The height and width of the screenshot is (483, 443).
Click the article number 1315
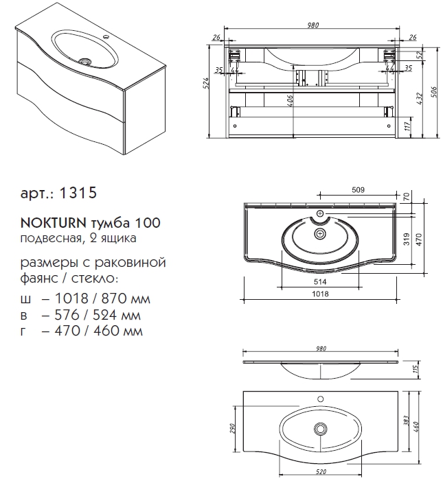coord(78,193)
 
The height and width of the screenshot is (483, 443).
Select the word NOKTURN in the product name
coord(54,222)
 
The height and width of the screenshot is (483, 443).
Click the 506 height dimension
coord(434,92)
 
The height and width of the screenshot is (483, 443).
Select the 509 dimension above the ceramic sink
coord(358,190)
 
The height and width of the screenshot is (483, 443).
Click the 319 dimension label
coord(407,239)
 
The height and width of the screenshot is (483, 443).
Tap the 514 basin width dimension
coord(320,281)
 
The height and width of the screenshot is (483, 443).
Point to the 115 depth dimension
coord(416,368)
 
